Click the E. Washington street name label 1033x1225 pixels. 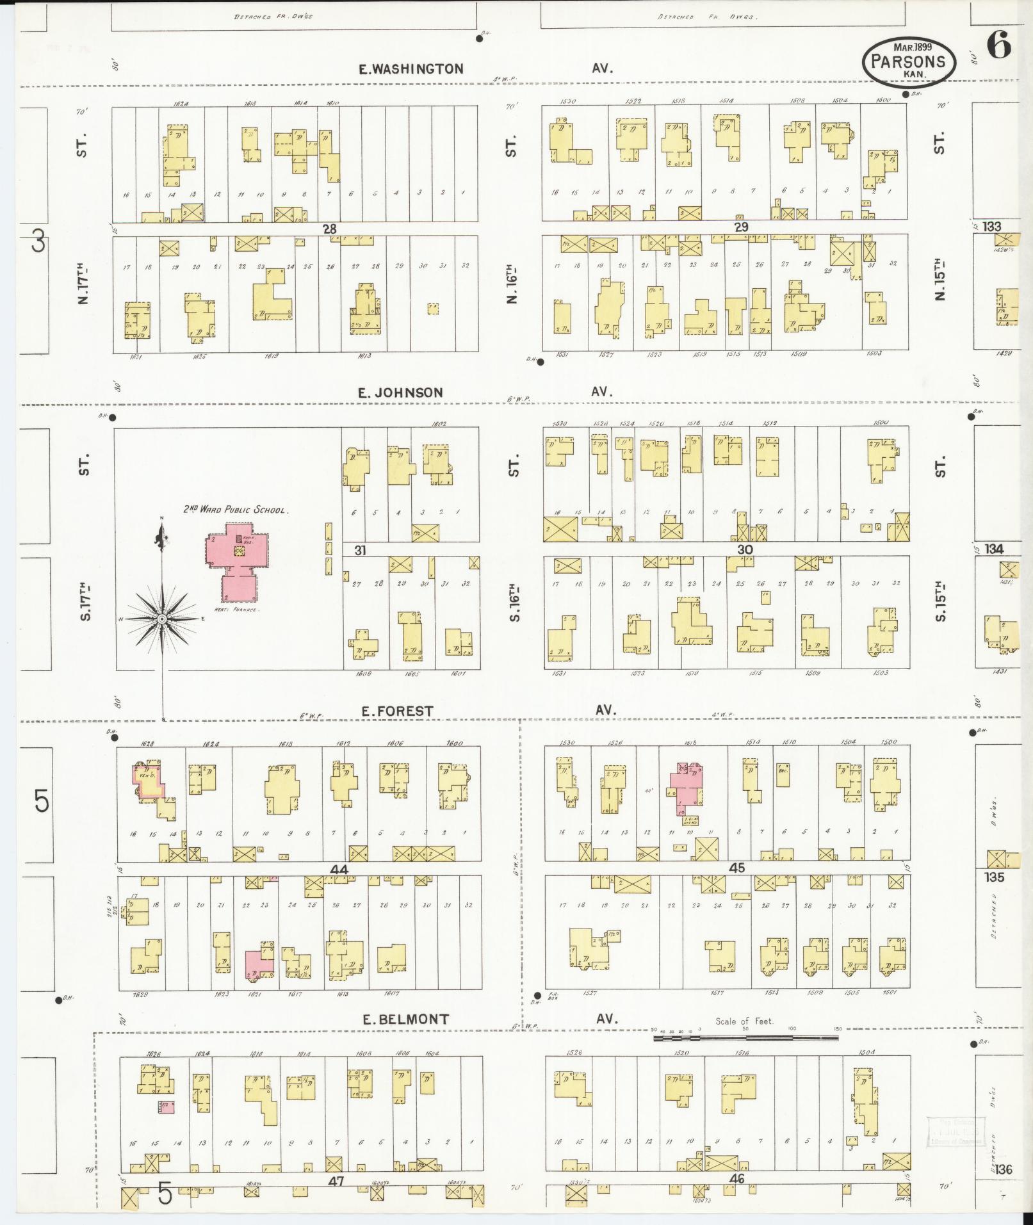coord(411,69)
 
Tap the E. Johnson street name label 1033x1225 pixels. coord(400,393)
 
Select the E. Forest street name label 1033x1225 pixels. coord(396,711)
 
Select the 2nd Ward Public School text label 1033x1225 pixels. coord(236,510)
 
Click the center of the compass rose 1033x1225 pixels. coord(163,619)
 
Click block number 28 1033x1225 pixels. coord(329,229)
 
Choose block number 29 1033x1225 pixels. coord(741,227)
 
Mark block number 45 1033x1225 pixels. coord(737,868)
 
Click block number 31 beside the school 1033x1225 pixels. coord(360,549)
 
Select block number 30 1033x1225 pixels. coord(744,549)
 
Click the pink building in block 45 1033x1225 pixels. coord(687,787)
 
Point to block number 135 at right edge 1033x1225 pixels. coord(995,877)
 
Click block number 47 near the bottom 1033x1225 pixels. coord(336,1181)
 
